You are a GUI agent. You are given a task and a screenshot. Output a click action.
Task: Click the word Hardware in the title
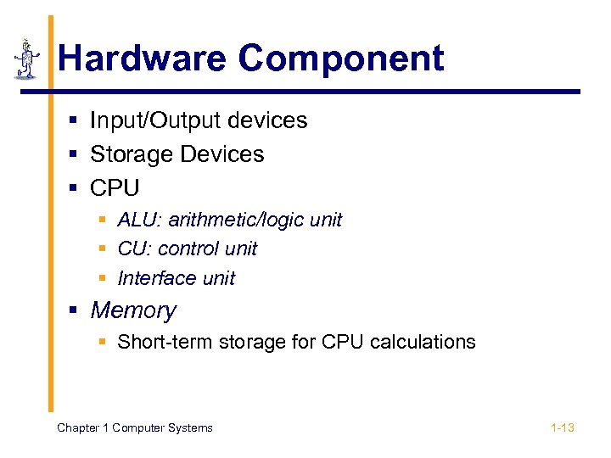(x=143, y=59)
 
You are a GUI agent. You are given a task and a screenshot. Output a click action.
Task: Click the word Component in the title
(x=340, y=59)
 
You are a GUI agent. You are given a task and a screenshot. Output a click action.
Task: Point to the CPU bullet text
(x=115, y=187)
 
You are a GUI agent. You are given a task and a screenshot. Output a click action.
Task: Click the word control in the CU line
(x=188, y=249)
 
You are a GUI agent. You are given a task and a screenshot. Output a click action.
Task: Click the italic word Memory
(x=133, y=310)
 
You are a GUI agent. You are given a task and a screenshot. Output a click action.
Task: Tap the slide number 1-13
(x=562, y=427)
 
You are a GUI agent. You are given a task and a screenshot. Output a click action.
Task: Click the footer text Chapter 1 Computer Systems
(x=134, y=427)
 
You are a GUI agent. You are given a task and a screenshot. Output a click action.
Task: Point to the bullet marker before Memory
(x=75, y=311)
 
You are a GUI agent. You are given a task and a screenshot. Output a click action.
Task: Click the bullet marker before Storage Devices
(x=75, y=155)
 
